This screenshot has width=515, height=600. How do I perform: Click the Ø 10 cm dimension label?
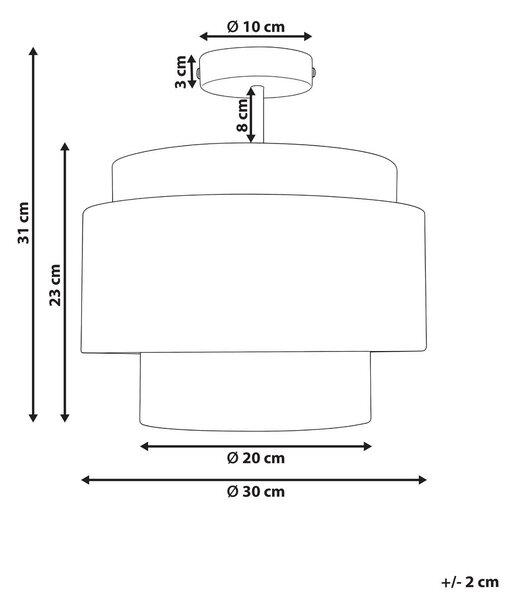[x=256, y=27]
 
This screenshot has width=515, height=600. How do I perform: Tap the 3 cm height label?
[x=181, y=72]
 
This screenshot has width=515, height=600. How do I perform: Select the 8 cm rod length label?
[x=242, y=115]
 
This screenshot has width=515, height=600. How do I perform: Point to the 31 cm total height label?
[x=23, y=223]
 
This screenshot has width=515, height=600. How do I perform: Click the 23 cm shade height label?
[x=55, y=285]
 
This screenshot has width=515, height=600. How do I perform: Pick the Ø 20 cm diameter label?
[x=256, y=458]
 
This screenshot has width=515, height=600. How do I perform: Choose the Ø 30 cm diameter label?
[x=256, y=492]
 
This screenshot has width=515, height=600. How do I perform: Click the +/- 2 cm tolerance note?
[x=470, y=582]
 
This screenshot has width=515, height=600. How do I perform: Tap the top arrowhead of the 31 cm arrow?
[x=33, y=51]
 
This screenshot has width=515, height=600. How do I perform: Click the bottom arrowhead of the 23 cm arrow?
[x=65, y=417]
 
